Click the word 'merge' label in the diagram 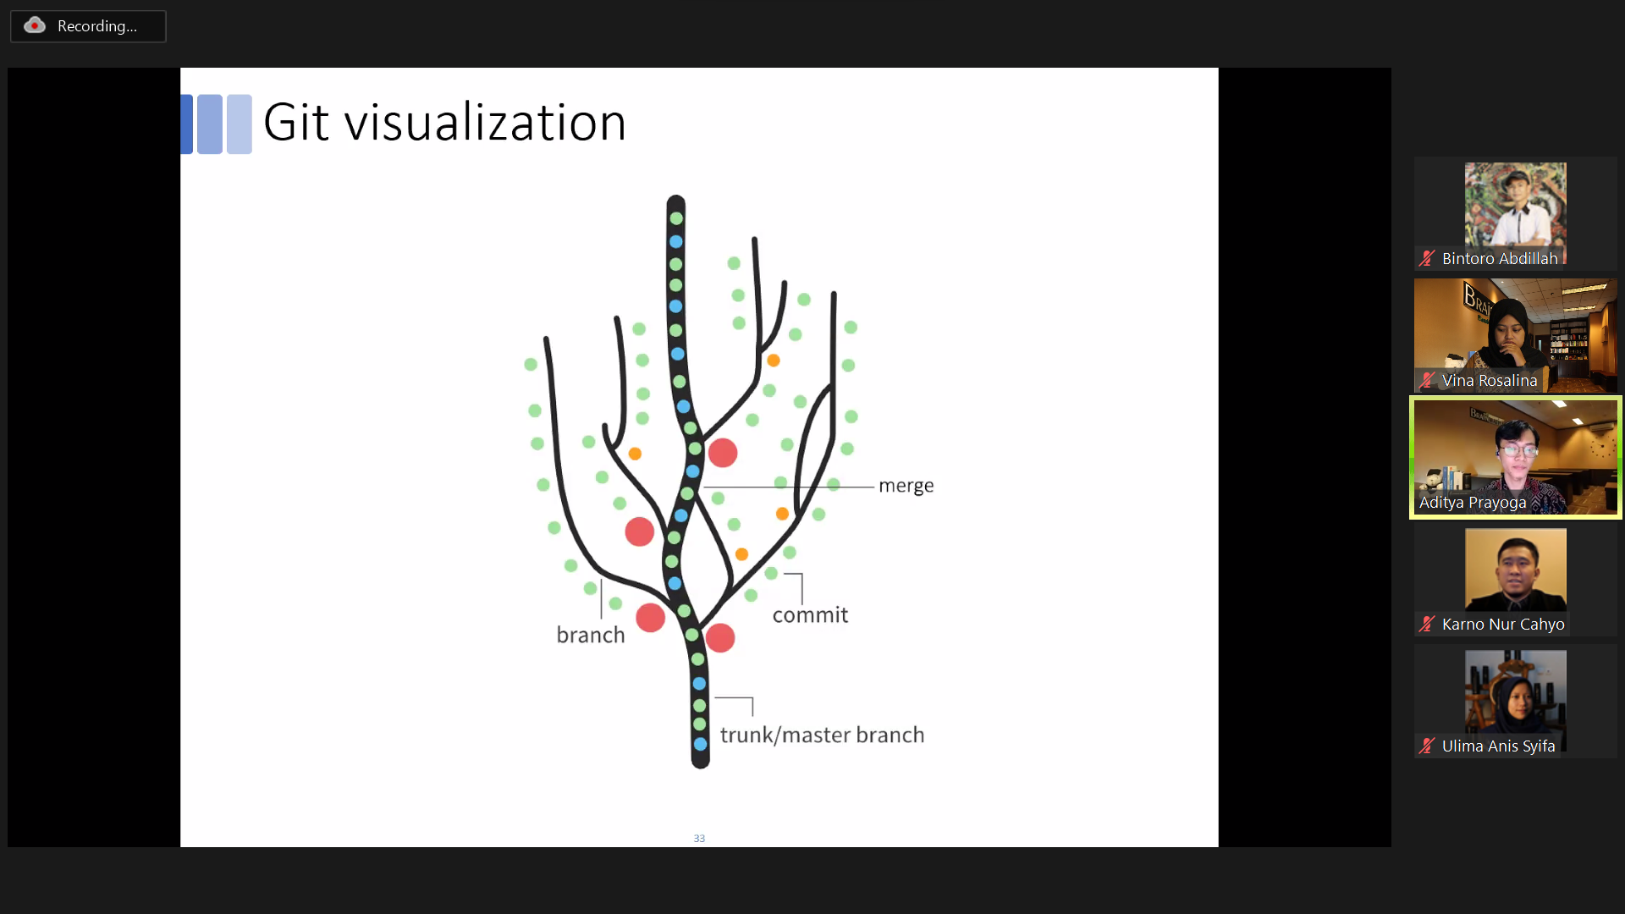pos(906,486)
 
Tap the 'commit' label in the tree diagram pos(810,615)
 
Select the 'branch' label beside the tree pos(591,635)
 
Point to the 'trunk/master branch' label pos(822,735)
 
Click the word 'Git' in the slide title pos(295,123)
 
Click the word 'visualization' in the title pos(485,123)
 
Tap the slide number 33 pos(699,838)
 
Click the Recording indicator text pos(96,26)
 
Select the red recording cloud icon pos(35,25)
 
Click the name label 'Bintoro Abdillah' pos(1500,259)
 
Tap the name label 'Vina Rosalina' pos(1490,381)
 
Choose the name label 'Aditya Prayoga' pos(1473,503)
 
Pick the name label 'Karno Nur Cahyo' pos(1503,625)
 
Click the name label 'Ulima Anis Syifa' pos(1498,746)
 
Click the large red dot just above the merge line pos(723,453)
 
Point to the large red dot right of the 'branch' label pos(650,618)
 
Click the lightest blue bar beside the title pos(240,124)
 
